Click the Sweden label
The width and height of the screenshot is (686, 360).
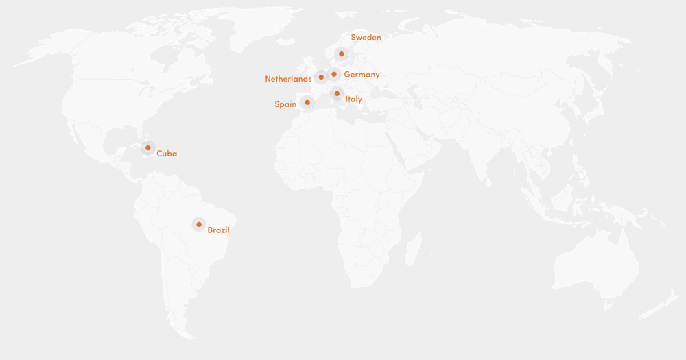tap(366, 38)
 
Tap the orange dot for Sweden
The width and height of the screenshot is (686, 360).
tap(341, 53)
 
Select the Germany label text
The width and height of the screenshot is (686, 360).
tap(362, 75)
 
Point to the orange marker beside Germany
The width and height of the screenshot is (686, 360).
tap(334, 74)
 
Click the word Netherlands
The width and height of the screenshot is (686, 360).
tap(288, 79)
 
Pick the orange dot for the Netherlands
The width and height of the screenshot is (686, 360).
tap(321, 77)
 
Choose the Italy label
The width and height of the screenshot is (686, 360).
tap(353, 99)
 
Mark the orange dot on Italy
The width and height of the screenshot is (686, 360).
tap(337, 93)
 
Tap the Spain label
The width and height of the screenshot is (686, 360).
tap(285, 104)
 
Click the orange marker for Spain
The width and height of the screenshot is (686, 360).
tap(307, 103)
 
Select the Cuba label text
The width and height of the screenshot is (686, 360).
tap(167, 154)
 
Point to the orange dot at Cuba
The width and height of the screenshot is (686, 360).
tap(147, 147)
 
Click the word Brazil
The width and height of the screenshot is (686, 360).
tap(218, 230)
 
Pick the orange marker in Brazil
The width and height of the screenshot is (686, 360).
tap(199, 224)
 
